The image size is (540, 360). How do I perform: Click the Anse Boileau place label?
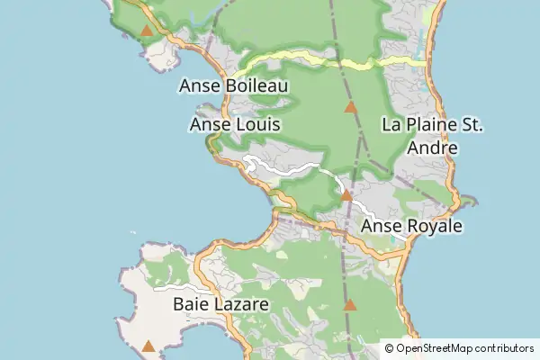pyautogui.click(x=234, y=85)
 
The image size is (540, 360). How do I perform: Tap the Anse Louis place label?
pyautogui.click(x=236, y=125)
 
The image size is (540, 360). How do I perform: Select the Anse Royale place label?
pyautogui.click(x=411, y=226)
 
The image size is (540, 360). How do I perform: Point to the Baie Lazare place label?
pyautogui.click(x=220, y=305)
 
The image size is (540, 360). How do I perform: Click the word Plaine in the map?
pyautogui.click(x=431, y=125)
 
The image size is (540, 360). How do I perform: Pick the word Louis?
pyautogui.click(x=256, y=125)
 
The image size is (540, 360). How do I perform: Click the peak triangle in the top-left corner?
pyautogui.click(x=147, y=31)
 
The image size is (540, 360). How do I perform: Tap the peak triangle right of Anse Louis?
pyautogui.click(x=351, y=107)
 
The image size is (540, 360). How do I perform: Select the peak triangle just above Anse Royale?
pyautogui.click(x=346, y=194)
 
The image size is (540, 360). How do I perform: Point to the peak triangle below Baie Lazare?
pyautogui.click(x=148, y=345)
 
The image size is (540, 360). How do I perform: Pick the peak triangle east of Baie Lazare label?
pyautogui.click(x=350, y=306)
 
